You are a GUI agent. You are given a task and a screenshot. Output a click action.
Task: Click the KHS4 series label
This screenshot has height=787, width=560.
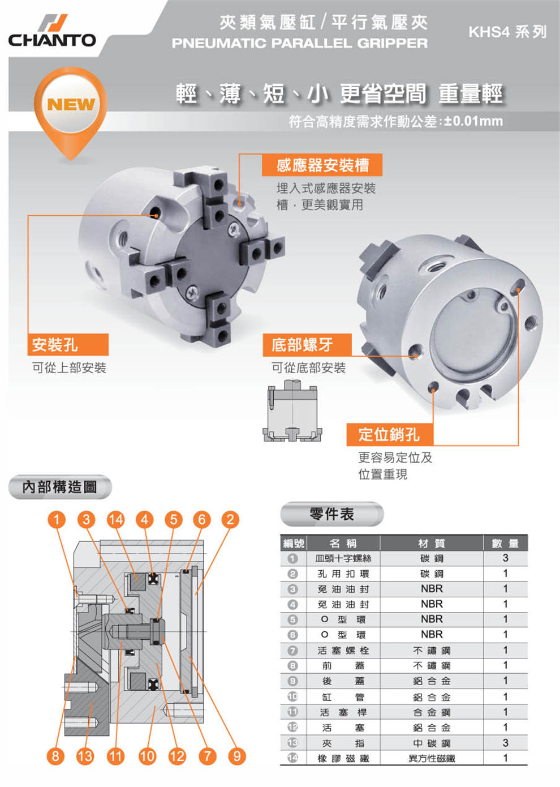[507, 32]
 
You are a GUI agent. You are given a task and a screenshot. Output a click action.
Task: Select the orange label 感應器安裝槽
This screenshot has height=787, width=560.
[322, 165]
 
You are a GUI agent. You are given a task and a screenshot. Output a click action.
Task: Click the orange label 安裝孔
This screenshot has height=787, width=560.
[68, 344]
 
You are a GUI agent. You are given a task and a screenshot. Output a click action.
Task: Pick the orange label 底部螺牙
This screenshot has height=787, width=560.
[307, 345]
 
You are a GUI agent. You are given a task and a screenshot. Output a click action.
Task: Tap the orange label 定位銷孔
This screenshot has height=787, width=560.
[390, 435]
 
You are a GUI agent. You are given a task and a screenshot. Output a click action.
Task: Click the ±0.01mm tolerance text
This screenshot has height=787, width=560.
[473, 121]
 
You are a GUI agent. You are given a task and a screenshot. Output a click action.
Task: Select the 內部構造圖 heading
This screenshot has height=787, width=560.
[60, 487]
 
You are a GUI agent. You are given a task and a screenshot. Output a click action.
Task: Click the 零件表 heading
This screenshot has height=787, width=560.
[332, 514]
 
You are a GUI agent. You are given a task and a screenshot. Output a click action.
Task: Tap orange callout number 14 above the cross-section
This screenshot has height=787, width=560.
[115, 520]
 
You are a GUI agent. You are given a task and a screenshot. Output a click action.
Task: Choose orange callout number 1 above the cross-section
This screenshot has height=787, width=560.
[57, 520]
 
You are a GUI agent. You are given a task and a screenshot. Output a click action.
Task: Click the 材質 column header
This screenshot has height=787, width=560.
[432, 543]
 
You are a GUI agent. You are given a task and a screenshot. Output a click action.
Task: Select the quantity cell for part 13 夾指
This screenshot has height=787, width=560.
[505, 743]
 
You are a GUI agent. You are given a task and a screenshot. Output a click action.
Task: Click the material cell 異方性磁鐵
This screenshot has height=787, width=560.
[432, 758]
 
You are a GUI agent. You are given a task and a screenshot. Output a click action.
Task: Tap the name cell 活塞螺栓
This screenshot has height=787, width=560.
[343, 651]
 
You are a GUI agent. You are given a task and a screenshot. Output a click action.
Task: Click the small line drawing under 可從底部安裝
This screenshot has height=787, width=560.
[292, 410]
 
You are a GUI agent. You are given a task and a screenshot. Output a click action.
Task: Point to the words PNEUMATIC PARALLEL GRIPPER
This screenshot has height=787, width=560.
[300, 43]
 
